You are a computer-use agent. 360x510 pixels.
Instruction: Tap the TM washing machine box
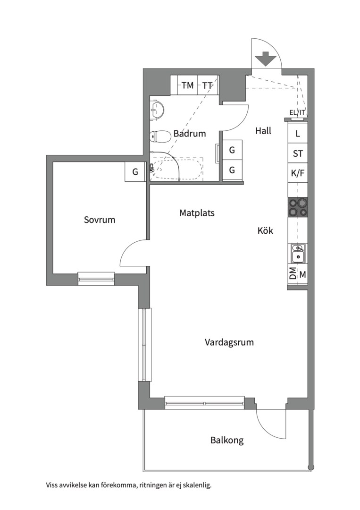188,85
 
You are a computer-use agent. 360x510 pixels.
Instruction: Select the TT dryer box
208,85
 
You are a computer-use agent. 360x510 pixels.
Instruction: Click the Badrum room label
190,134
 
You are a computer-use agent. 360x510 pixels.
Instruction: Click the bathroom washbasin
157,110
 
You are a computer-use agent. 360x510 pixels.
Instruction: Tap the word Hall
263,131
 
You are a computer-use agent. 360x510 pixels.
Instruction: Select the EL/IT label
297,112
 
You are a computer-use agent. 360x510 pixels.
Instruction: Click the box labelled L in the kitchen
297,133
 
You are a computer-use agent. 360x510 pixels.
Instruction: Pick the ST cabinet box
297,153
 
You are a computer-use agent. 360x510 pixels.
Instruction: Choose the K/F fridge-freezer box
297,173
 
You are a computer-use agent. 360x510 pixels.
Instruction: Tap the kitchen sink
297,254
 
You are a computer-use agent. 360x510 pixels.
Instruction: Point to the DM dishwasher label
293,274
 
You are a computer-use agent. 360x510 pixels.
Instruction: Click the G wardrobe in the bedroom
135,172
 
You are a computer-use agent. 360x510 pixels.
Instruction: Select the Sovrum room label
100,220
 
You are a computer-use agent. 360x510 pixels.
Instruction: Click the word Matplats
197,213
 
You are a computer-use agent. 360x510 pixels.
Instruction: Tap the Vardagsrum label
229,342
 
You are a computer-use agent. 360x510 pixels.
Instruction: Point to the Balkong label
227,441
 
